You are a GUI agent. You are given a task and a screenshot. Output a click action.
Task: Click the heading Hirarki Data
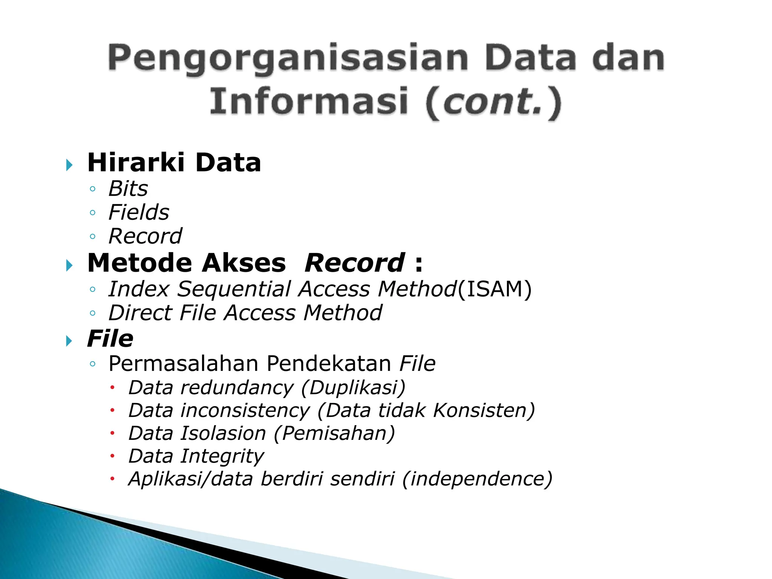[x=174, y=163]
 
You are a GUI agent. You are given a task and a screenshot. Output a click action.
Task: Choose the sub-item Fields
[x=139, y=212]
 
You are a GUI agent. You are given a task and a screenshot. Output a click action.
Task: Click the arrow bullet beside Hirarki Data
[x=69, y=165]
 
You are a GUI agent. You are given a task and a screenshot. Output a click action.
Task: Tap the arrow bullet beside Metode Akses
[x=69, y=265]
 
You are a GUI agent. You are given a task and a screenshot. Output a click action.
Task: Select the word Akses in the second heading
[x=244, y=263]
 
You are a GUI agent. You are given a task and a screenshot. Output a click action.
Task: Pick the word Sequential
[x=234, y=289]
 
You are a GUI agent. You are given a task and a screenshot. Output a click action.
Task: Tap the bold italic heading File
[x=110, y=339]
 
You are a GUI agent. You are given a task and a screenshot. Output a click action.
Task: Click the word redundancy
[x=237, y=388]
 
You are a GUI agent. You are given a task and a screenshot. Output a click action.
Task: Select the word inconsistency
[x=245, y=411]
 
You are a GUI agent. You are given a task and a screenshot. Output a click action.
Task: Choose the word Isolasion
[x=223, y=433]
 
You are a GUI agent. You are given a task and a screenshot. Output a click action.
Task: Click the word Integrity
[x=222, y=456]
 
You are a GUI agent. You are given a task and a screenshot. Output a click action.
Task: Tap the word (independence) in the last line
[x=477, y=479]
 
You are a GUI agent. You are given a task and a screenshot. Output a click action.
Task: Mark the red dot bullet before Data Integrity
[x=112, y=456]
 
